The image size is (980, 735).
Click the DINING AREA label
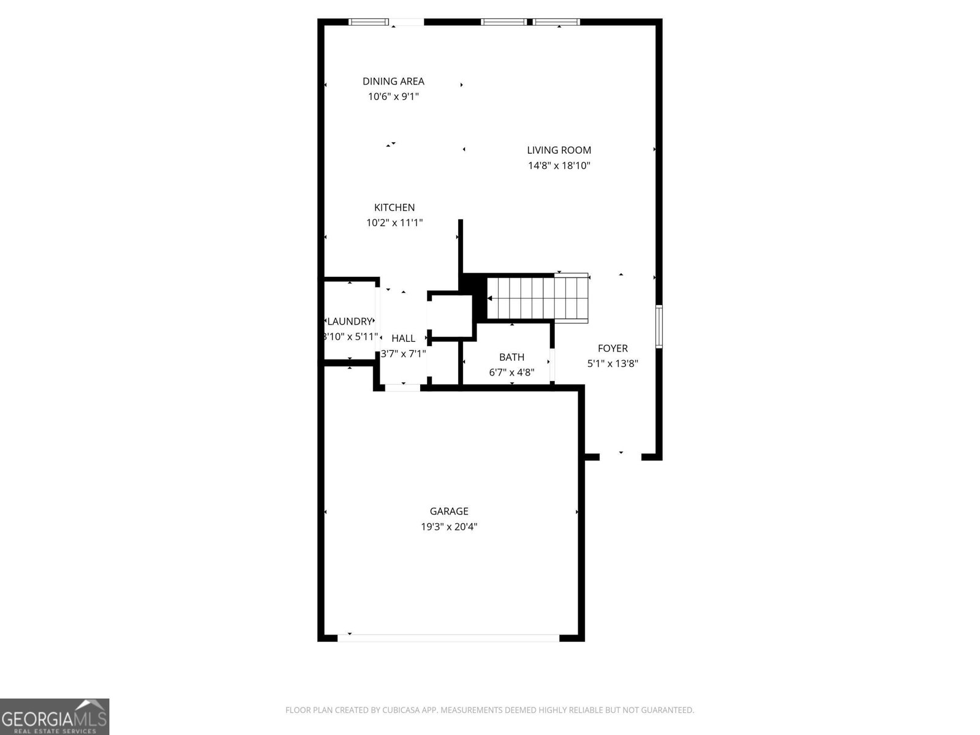click(x=393, y=81)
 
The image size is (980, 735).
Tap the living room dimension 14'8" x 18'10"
click(x=559, y=165)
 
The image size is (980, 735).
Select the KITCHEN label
click(x=394, y=208)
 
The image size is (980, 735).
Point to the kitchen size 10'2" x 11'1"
click(x=394, y=223)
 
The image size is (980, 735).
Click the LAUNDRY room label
click(x=350, y=322)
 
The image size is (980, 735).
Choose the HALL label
click(x=403, y=338)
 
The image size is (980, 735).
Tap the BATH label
click(x=511, y=357)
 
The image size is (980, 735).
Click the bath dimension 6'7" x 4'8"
click(x=511, y=372)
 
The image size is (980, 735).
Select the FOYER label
click(x=612, y=349)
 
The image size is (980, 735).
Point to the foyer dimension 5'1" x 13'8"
click(x=612, y=363)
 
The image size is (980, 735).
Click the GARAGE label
click(x=449, y=511)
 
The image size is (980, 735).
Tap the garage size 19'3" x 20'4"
click(x=449, y=527)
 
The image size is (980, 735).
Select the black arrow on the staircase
click(x=490, y=298)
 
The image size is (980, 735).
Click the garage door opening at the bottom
click(x=448, y=638)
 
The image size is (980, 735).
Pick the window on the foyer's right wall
click(x=659, y=326)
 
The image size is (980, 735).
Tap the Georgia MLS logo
click(x=55, y=716)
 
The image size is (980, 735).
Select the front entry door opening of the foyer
click(x=620, y=456)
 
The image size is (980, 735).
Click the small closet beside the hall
click(x=450, y=316)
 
